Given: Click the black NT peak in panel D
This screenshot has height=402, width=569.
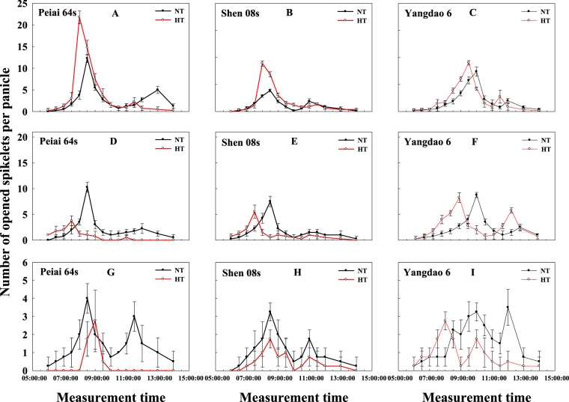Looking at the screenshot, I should [88, 188].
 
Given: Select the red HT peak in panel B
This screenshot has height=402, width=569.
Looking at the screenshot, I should [262, 64].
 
